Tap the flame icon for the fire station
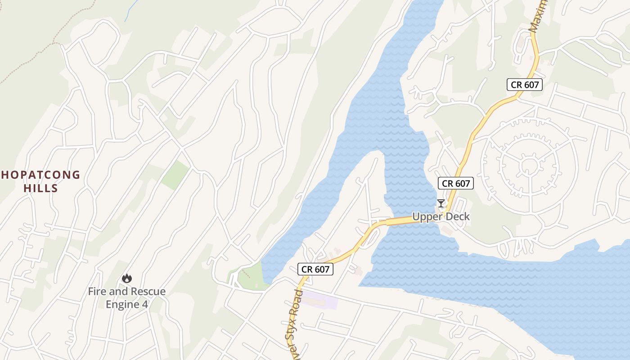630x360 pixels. pos(126,279)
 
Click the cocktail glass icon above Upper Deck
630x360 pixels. pos(441,203)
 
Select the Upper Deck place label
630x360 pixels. pos(441,216)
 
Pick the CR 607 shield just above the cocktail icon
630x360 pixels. pos(456,183)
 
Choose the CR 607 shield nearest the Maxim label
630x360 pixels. pos(525,84)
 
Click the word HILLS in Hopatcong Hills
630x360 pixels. pos(41,188)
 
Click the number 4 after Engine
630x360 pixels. pos(145,305)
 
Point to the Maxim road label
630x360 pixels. pos(538,16)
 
